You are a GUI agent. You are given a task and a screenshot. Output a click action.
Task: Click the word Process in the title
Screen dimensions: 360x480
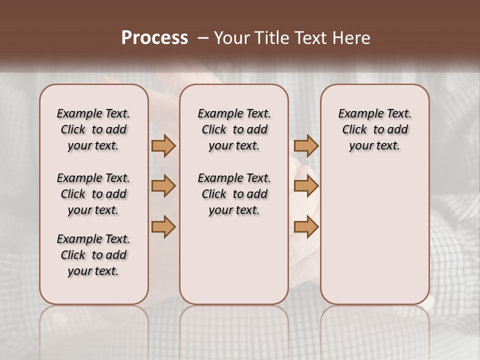[x=154, y=37]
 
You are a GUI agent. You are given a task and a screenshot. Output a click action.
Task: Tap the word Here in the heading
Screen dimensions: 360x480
[x=350, y=38]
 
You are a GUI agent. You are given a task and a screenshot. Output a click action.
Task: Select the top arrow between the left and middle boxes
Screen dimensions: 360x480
[x=163, y=146]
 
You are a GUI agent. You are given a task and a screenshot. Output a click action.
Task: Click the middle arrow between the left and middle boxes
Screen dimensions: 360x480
[x=163, y=186]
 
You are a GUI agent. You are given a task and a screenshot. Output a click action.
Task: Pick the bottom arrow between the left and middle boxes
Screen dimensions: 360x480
[x=163, y=226]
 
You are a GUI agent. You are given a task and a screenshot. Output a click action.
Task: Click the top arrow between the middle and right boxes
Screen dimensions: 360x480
[x=306, y=146]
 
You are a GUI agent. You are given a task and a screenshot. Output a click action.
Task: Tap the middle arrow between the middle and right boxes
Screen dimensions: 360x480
[x=306, y=186]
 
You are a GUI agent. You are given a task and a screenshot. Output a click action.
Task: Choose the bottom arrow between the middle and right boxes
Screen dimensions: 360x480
[x=306, y=226]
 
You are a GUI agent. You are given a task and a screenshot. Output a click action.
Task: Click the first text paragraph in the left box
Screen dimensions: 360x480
[x=93, y=129]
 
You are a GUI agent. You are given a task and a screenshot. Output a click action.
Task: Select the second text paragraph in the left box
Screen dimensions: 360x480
[x=93, y=194]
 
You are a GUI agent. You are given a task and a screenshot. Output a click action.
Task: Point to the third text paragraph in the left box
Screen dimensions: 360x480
[x=93, y=255]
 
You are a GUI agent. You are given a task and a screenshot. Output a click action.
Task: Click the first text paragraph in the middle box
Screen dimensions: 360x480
[x=234, y=129]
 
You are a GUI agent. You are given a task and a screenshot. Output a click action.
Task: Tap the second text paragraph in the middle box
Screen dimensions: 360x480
[x=234, y=194]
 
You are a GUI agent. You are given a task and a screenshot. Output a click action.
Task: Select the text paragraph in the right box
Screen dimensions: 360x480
[x=375, y=129]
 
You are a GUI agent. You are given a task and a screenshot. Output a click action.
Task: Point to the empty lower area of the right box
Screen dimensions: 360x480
[x=375, y=235]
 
